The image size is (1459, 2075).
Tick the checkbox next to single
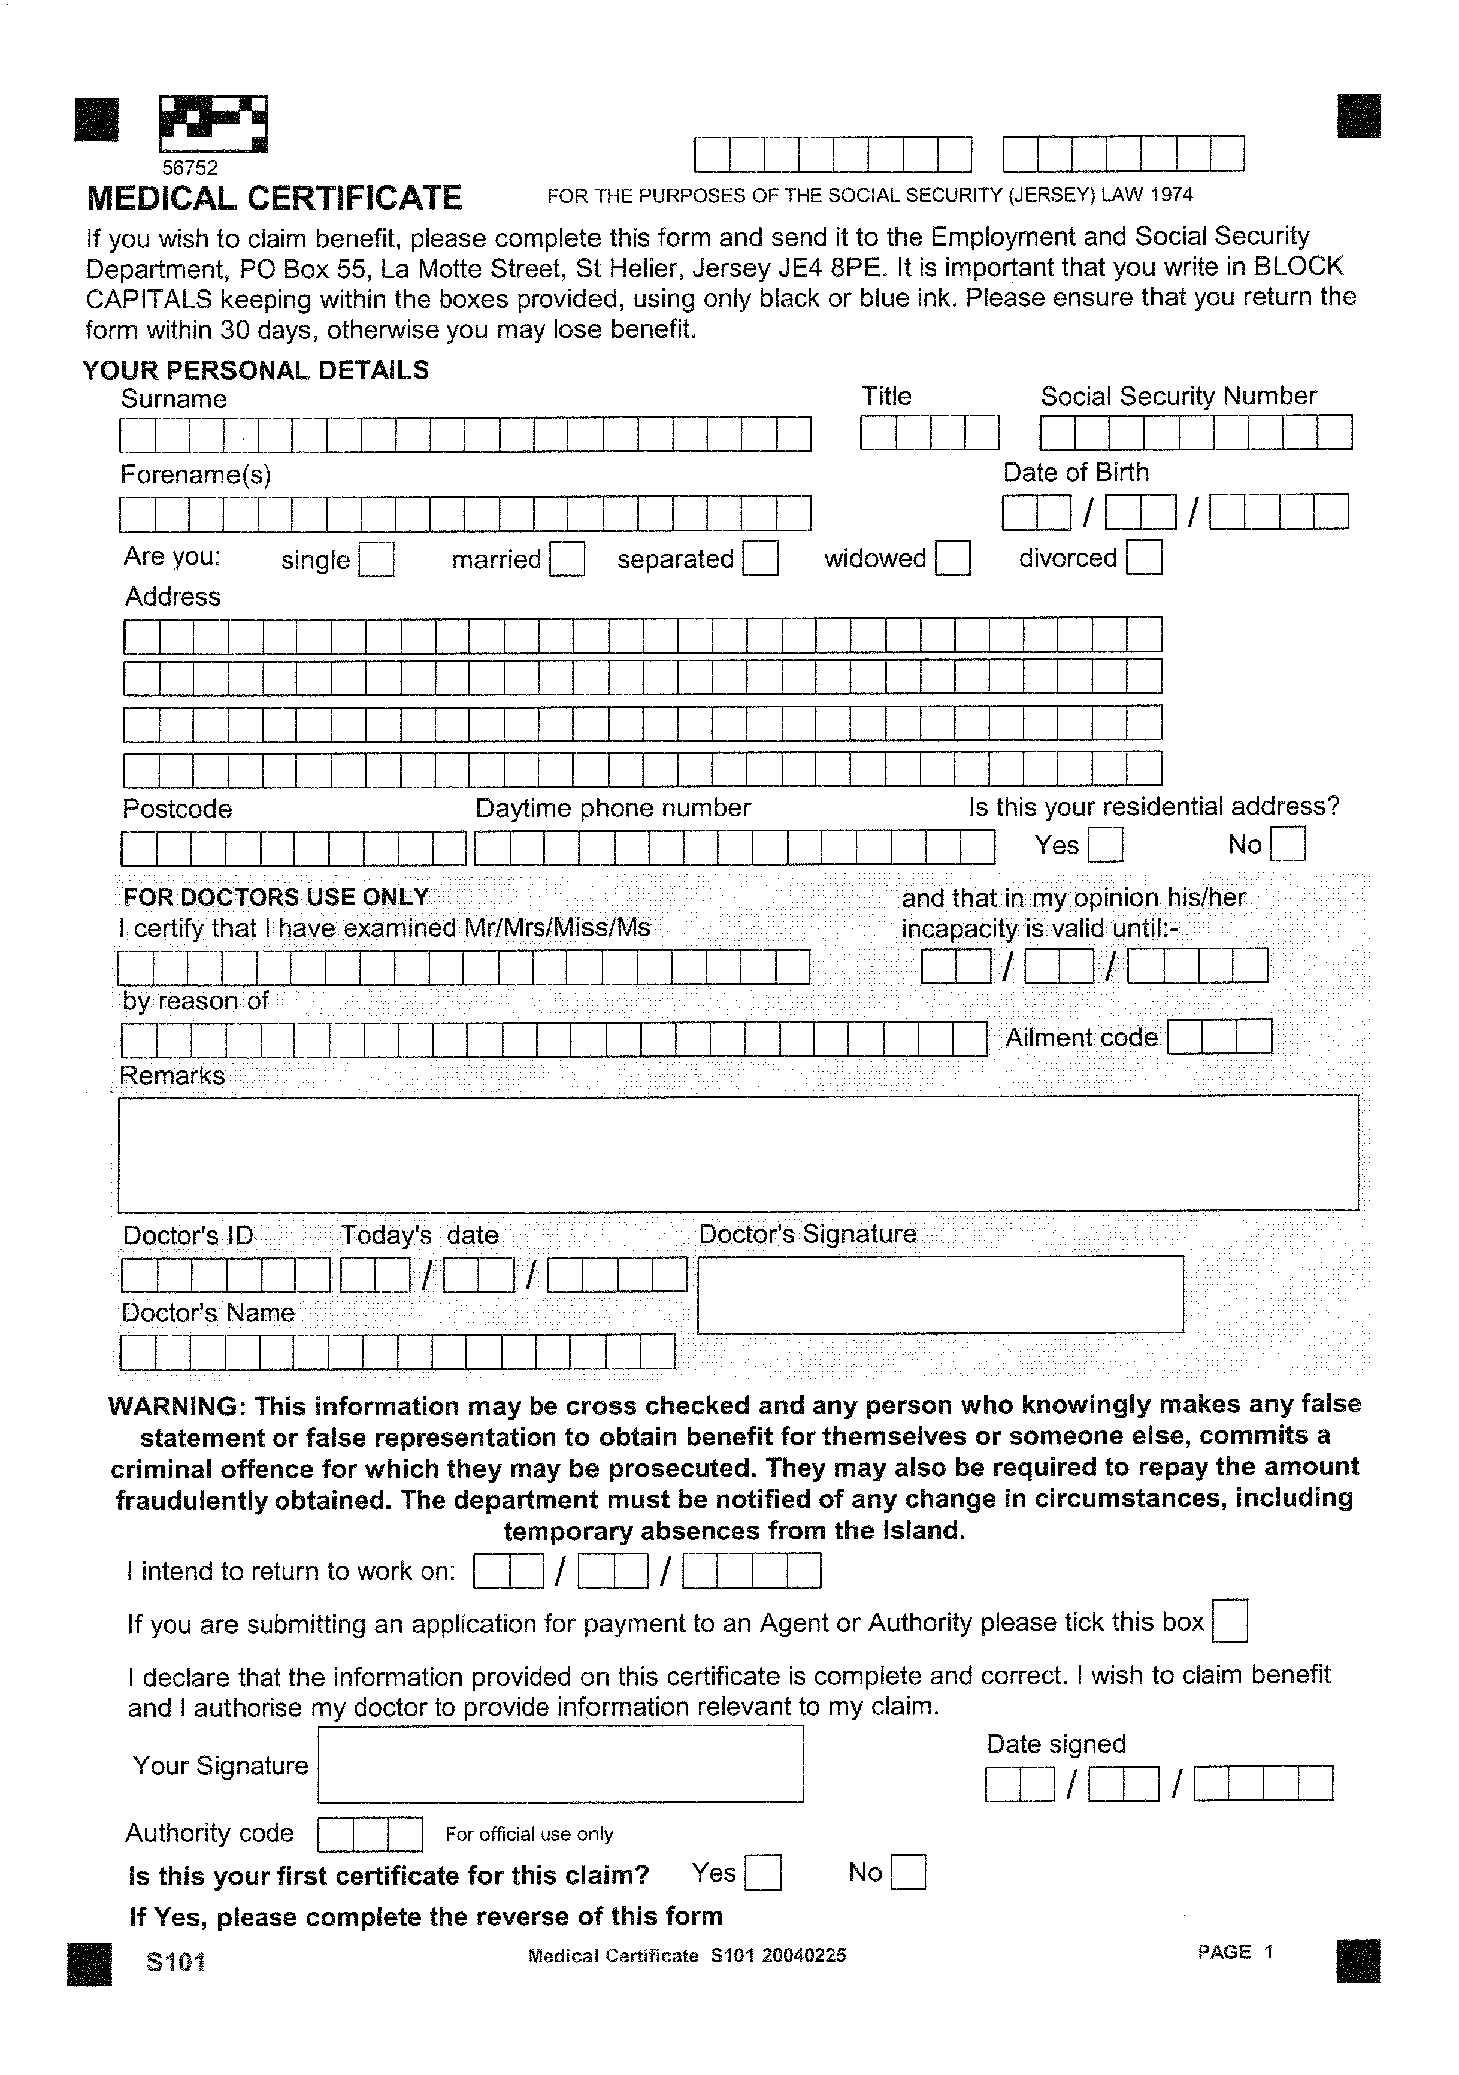coord(376,559)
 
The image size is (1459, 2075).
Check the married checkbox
coord(567,558)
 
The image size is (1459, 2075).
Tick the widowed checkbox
coord(952,558)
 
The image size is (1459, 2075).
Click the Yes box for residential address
coord(1105,845)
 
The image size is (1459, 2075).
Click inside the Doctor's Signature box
coord(940,1293)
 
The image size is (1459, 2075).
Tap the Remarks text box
coord(737,1153)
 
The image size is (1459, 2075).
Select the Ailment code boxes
coord(1219,1036)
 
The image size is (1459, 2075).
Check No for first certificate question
coord(908,1873)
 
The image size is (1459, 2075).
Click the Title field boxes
coord(930,433)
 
